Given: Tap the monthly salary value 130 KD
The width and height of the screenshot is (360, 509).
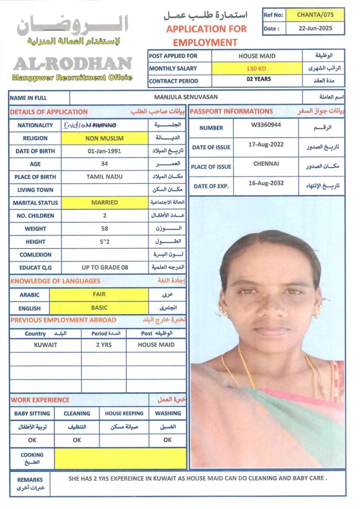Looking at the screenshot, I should coord(257,69).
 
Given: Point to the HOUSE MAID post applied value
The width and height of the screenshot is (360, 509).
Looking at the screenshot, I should coord(257,56).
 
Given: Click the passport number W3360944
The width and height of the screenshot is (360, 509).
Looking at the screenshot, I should coord(266,125).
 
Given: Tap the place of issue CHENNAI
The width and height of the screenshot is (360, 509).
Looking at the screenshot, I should coord(266,164).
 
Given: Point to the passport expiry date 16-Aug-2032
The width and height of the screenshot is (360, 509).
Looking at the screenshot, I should coord(266,183).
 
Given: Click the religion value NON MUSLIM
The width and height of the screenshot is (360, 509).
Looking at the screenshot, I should coord(104,138).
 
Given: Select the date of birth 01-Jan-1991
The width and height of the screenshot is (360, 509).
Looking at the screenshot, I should coord(104,151).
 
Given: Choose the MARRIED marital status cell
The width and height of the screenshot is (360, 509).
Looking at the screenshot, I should coord(104,203).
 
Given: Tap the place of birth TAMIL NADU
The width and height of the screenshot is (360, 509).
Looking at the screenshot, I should coord(104,177).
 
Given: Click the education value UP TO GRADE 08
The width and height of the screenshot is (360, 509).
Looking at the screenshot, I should coord(104,267).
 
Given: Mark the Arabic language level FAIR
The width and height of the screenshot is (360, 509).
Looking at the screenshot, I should coord(99,294).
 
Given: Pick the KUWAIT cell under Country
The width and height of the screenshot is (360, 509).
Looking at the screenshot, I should coord(45,344).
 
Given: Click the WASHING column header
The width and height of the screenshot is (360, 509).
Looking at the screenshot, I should coord(168,413).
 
